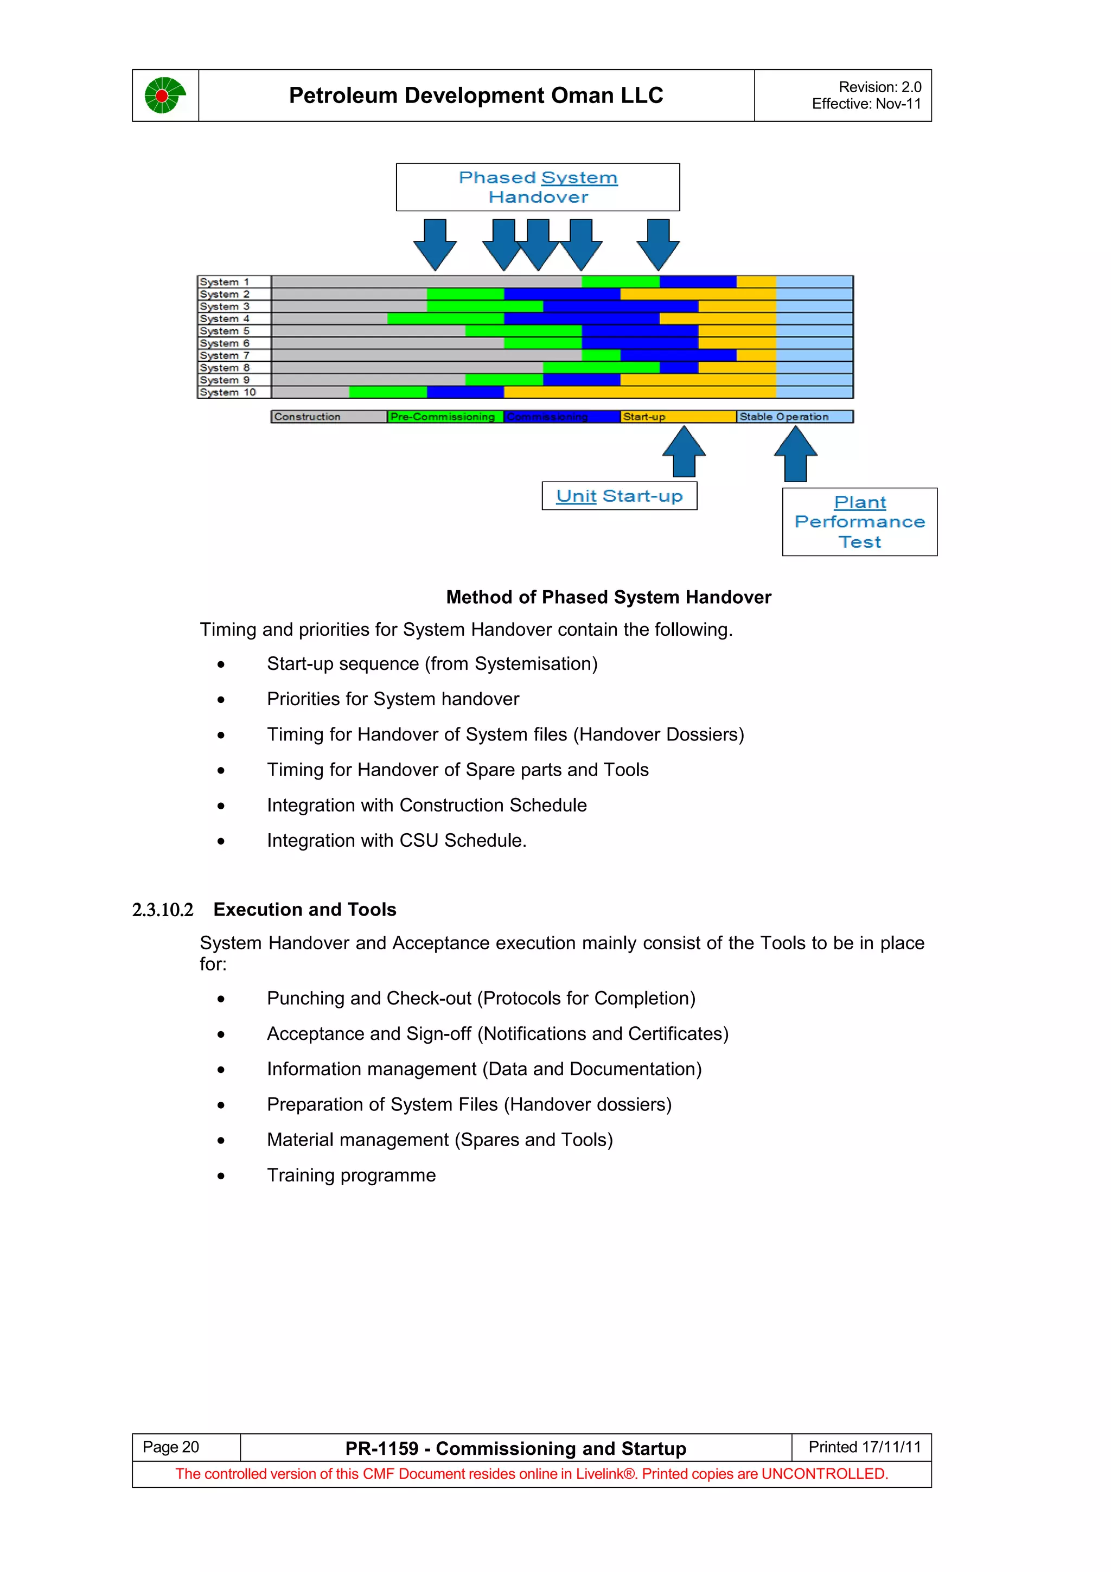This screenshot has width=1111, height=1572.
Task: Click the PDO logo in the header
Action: pos(165,95)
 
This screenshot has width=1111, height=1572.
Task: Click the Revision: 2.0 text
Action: pos(879,87)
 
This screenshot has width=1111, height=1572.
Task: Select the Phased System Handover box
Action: pos(538,187)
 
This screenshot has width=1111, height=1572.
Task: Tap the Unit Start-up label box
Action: pos(619,496)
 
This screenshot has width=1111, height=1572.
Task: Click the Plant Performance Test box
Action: pos(859,522)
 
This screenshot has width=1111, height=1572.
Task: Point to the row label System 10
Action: pos(228,392)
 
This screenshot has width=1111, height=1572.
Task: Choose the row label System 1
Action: pos(225,282)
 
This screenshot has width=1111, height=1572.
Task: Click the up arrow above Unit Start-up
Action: pos(684,451)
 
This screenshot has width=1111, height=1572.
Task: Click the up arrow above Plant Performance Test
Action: pos(795,454)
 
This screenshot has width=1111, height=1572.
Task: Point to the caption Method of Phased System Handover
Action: pos(608,597)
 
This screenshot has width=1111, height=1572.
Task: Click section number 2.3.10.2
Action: pos(163,910)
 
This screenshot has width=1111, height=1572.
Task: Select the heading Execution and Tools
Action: pos(305,909)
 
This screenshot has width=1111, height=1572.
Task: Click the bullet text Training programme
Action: pos(351,1175)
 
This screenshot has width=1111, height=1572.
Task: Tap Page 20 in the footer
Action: pos(171,1447)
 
